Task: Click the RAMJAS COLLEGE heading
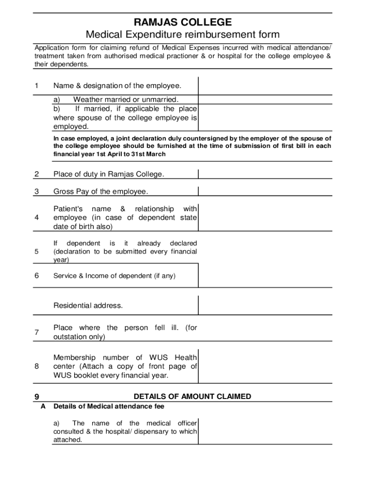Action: tap(183, 22)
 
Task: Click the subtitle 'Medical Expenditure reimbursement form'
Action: tap(183, 35)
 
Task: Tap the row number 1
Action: tap(37, 86)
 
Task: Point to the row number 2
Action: tap(37, 174)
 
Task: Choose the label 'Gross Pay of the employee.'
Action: tap(101, 191)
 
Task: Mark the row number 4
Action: tap(37, 218)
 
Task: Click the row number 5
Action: tap(37, 252)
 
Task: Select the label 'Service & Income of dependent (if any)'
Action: tap(114, 275)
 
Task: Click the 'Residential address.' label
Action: tap(88, 305)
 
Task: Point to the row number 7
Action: tap(37, 332)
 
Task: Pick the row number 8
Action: tap(37, 366)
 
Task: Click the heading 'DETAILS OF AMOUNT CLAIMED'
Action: tap(193, 397)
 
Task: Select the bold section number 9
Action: tap(37, 397)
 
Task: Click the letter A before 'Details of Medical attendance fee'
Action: tap(43, 407)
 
